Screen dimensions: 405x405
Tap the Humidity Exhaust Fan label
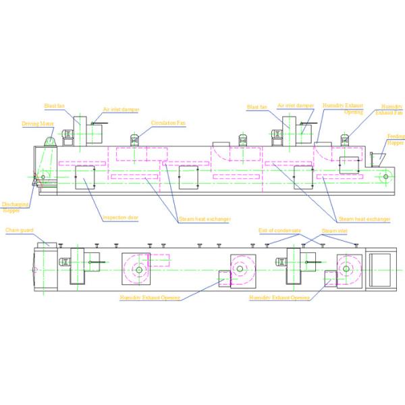pos(392,109)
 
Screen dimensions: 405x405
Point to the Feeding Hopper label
pos(396,139)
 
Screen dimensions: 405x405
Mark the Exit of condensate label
pos(276,231)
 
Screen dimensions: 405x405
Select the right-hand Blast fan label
pos(257,107)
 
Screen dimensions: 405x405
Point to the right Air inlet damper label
pos(296,106)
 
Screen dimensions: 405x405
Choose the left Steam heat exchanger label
pos(205,219)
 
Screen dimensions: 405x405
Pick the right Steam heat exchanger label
pos(364,219)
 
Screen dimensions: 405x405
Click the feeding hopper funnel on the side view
pos(376,158)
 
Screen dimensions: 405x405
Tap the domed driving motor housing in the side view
pos(50,140)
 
